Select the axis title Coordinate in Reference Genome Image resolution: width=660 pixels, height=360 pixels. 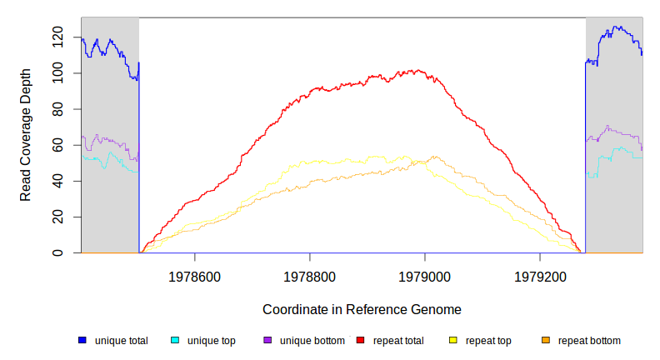(362, 309)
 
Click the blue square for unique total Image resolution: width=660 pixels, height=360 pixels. (82, 340)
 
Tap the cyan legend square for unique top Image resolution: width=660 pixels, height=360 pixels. (175, 340)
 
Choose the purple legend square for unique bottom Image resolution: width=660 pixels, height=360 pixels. (267, 340)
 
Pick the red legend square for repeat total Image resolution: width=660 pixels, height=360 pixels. (360, 340)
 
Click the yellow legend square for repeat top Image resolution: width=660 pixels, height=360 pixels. (453, 340)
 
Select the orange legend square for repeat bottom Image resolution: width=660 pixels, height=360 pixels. (546, 340)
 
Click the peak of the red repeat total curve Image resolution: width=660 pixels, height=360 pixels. (417, 70)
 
